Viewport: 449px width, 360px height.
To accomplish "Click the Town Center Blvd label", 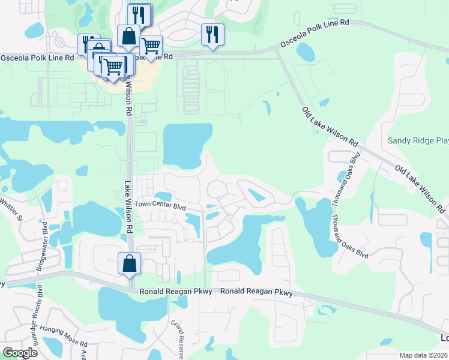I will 160,205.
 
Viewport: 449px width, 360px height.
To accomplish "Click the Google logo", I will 20,353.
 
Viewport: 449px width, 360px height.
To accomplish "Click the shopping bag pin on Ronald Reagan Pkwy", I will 130,263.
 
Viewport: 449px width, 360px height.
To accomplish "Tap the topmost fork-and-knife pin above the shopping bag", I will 140,14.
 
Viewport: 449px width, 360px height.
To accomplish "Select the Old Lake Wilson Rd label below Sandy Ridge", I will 420,188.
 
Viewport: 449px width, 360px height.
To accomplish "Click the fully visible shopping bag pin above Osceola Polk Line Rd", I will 129,35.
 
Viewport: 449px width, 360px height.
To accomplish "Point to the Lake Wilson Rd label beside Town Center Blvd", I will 128,208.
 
